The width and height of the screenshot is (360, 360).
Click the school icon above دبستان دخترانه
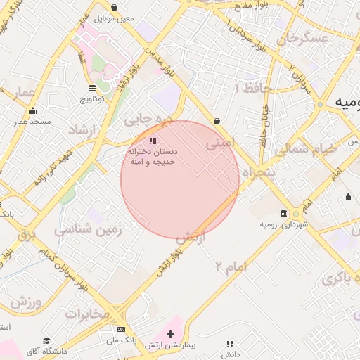point(154,141)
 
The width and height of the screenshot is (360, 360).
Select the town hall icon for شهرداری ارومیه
point(283,213)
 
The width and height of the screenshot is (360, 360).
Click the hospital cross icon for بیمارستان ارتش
point(170,333)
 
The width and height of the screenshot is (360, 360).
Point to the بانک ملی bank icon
point(122,329)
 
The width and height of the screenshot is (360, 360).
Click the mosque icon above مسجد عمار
point(32,111)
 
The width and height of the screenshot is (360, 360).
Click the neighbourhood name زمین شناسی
point(89,229)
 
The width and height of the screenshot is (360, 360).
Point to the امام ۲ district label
point(230,266)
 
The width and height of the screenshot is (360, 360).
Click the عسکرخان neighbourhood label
point(303,39)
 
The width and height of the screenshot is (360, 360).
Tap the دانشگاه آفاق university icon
point(46,340)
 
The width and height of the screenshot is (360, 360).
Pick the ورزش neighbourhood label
point(27,303)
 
